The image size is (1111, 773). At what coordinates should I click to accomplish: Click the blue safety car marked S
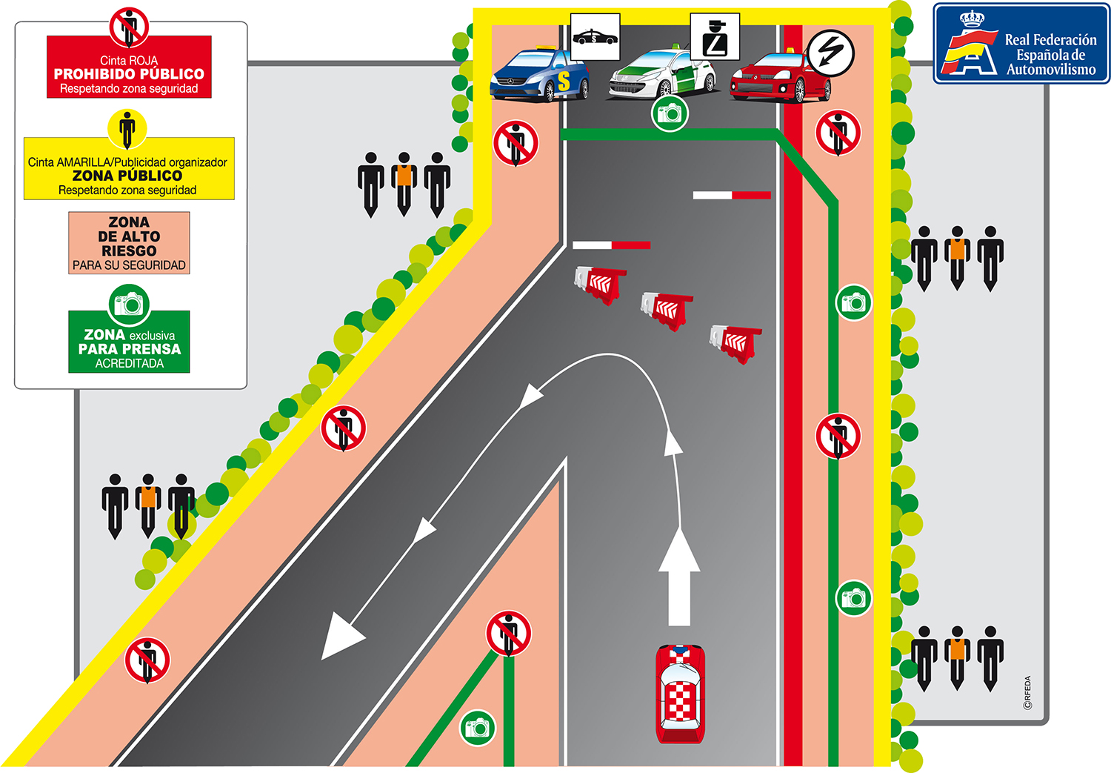(x=539, y=76)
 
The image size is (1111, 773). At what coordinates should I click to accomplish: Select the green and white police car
(x=661, y=74)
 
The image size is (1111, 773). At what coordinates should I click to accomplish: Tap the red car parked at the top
(x=779, y=77)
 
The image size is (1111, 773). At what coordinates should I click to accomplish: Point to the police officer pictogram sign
(x=714, y=36)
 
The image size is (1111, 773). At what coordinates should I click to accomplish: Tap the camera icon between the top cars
(x=670, y=113)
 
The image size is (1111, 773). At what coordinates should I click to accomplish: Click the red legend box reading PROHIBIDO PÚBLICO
(x=129, y=67)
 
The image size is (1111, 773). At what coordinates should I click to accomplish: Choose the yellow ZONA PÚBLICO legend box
(x=129, y=169)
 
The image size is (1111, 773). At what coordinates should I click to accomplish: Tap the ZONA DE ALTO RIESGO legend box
(x=129, y=243)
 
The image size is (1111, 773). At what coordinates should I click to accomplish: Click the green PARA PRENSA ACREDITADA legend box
(x=129, y=342)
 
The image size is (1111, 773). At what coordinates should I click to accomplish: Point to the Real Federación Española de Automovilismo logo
(x=1021, y=44)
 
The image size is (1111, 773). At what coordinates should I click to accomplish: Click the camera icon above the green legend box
(x=130, y=304)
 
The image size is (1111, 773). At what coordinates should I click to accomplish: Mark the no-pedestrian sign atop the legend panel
(x=129, y=27)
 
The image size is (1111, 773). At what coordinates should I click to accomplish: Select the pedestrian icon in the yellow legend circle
(x=127, y=129)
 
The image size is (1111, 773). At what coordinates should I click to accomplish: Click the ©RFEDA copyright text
(x=1027, y=692)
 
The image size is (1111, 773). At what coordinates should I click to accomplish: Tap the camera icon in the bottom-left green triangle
(x=477, y=728)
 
